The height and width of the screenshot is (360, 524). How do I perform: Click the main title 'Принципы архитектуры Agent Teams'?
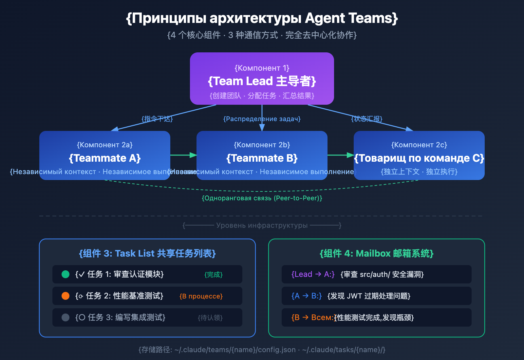tap(262, 18)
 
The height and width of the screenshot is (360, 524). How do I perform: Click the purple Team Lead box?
tap(262, 79)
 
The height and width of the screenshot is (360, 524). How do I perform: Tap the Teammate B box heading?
tap(262, 158)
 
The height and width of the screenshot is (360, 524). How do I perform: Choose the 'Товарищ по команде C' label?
tap(419, 158)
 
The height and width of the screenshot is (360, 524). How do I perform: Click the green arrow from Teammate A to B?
tap(183, 155)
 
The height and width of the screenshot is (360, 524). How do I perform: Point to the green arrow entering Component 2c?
tap(341, 155)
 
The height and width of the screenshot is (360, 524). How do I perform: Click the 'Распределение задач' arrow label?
tap(262, 119)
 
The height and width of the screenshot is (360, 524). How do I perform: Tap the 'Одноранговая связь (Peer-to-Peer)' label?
tap(262, 198)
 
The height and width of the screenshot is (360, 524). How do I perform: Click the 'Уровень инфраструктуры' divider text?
tap(262, 225)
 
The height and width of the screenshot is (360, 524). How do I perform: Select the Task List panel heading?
tap(147, 253)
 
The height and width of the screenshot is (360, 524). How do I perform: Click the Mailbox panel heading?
tap(377, 253)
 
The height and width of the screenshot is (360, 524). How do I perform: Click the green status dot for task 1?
tap(65, 274)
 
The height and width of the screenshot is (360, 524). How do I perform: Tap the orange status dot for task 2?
tap(65, 296)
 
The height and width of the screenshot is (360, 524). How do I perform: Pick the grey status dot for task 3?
tap(65, 317)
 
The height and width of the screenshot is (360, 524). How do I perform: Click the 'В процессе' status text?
tap(201, 296)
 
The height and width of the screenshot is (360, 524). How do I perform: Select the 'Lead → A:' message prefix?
tap(313, 274)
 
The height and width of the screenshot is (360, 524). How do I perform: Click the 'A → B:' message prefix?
tap(307, 296)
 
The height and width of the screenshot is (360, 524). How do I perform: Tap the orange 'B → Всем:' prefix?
tap(312, 317)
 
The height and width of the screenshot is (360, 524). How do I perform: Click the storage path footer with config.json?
tap(262, 350)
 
